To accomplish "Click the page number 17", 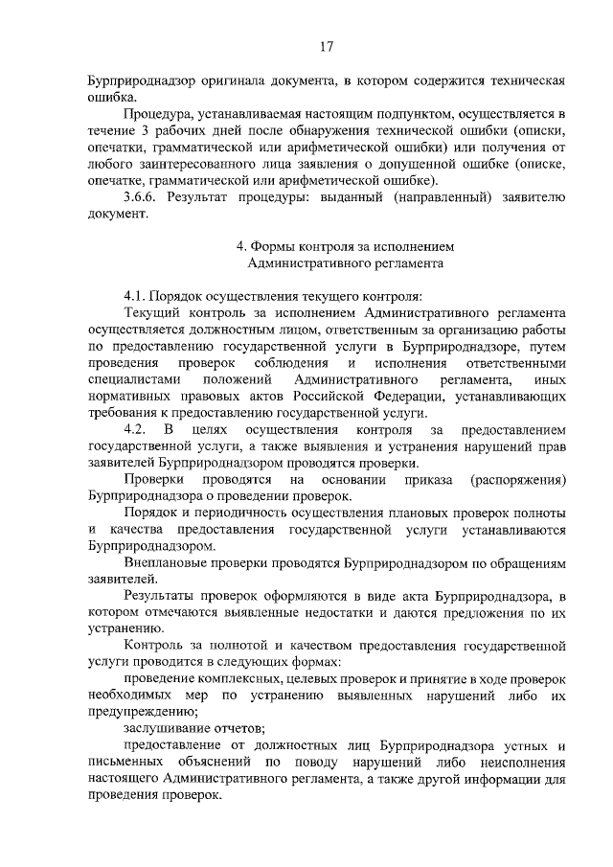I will click(326, 44).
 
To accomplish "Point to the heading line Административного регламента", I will click(345, 261).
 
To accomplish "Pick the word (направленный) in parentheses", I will click(443, 197).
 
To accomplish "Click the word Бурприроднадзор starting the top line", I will click(137, 80).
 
